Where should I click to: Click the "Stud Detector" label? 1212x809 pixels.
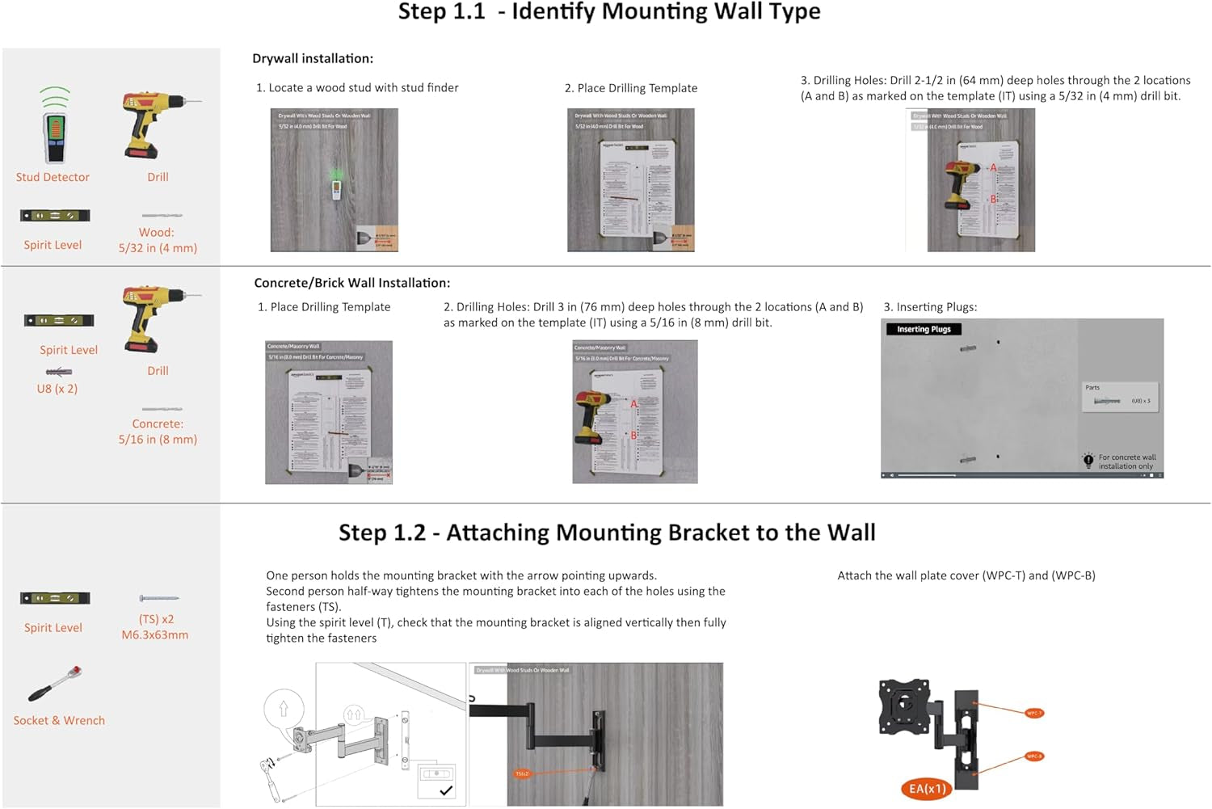point(53,177)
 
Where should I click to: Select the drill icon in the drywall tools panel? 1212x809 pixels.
point(157,124)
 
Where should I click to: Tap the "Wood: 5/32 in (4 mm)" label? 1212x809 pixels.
point(158,240)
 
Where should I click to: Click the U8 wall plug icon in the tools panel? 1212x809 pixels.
point(58,372)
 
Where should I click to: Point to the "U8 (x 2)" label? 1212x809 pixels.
point(57,389)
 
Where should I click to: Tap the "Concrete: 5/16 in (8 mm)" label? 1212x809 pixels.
point(158,432)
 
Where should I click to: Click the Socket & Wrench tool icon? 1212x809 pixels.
point(55,684)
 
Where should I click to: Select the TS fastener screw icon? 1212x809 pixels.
point(158,598)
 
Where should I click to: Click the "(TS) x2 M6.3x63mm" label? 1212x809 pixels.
point(155,627)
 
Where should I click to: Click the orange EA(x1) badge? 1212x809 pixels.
point(927,789)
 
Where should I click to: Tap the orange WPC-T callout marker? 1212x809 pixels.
point(1034,713)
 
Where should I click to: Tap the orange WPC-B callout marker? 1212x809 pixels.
point(1034,756)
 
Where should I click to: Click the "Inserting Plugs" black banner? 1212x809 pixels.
point(924,329)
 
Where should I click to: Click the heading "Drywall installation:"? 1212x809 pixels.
point(313,58)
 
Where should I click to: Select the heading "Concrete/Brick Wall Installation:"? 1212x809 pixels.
point(351,283)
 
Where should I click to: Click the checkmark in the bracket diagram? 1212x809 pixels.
point(445,790)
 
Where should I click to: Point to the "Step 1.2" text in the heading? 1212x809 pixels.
point(381,533)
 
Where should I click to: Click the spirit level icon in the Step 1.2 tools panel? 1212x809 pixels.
point(55,598)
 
